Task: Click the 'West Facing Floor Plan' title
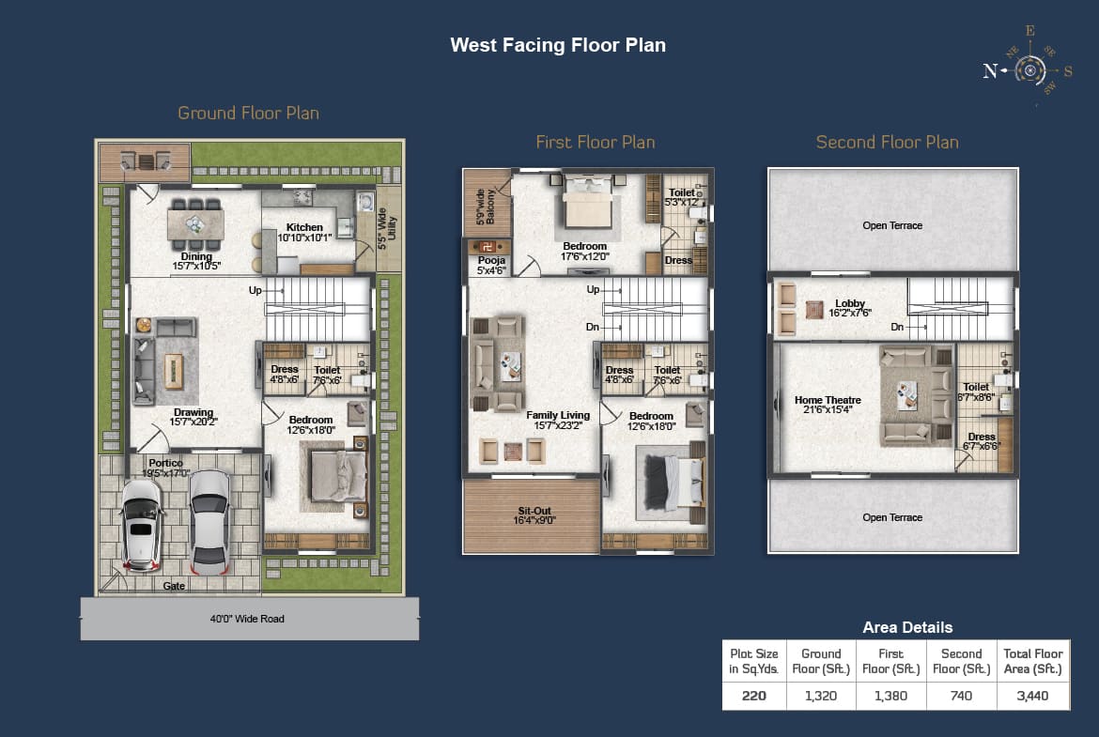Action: click(x=558, y=45)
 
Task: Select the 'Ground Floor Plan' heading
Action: click(x=248, y=113)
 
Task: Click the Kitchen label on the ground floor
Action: click(x=305, y=232)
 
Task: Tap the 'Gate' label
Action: click(x=174, y=586)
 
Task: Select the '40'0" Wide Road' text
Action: click(x=247, y=619)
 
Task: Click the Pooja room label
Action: click(x=491, y=265)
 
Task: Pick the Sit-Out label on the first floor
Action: click(x=534, y=514)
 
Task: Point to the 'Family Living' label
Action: click(x=558, y=420)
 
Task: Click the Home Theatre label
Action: click(x=828, y=405)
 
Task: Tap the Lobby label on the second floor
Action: click(x=850, y=308)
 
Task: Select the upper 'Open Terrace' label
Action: click(x=892, y=225)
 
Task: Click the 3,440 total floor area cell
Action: click(x=1033, y=696)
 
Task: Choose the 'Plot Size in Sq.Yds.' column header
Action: click(x=754, y=661)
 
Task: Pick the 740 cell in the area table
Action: click(x=961, y=696)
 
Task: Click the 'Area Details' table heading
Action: click(x=907, y=627)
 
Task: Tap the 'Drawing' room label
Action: click(x=193, y=416)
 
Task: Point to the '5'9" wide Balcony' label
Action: click(x=486, y=207)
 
